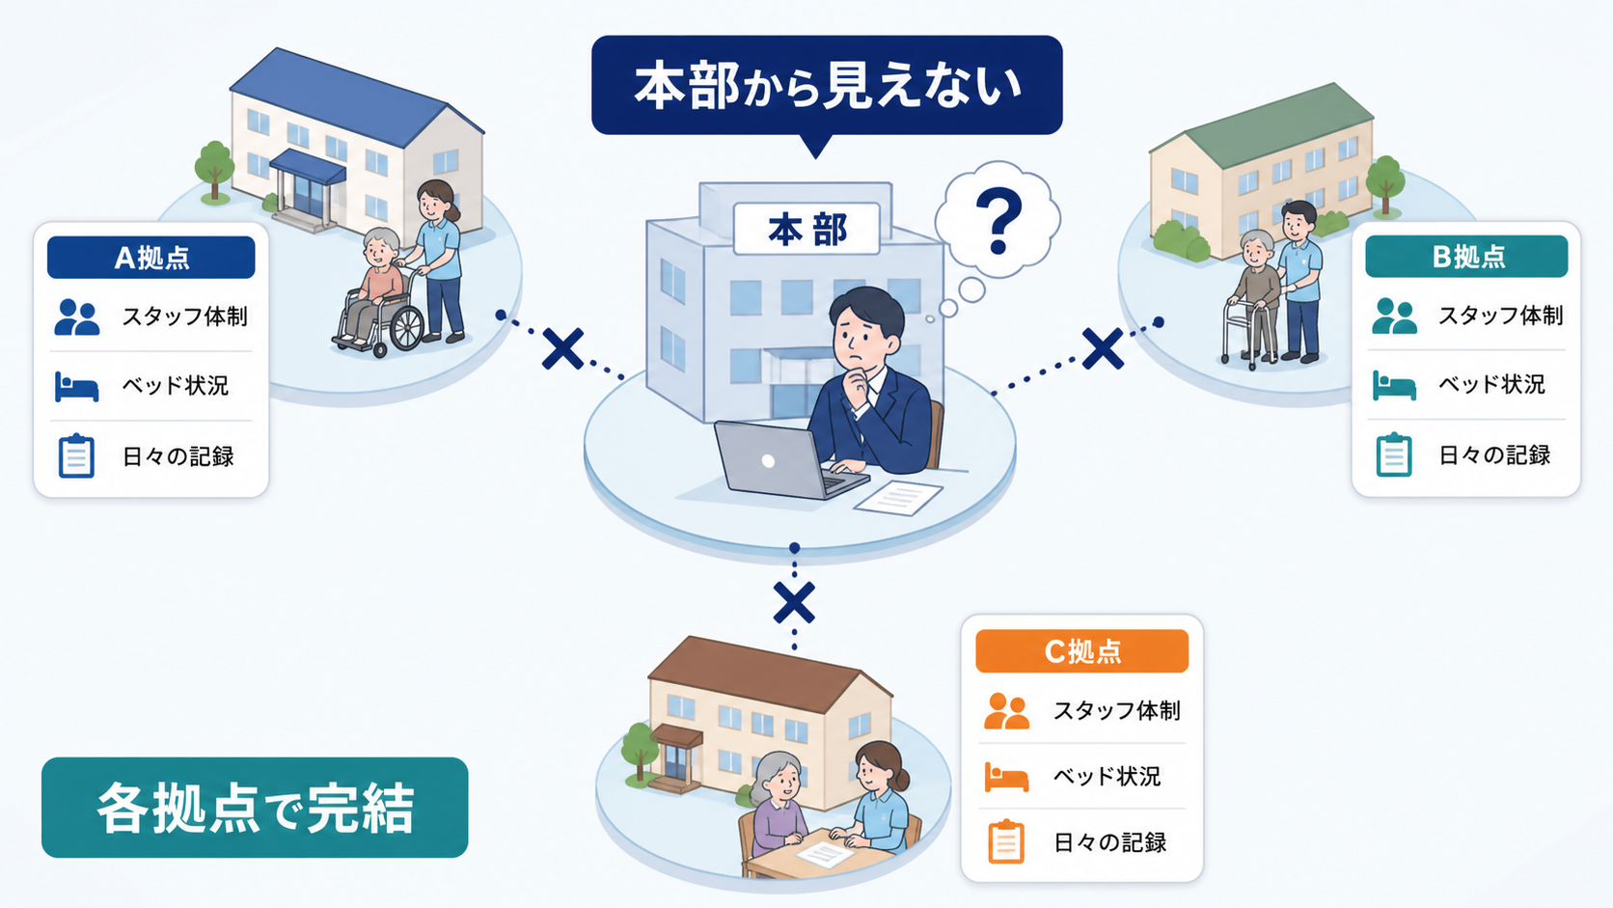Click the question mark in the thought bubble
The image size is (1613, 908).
click(x=998, y=221)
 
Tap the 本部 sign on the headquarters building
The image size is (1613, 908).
click(x=806, y=229)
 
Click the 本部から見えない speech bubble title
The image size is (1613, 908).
click(x=827, y=85)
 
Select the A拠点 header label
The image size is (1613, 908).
click(x=151, y=257)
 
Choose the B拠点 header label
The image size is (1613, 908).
click(x=1466, y=257)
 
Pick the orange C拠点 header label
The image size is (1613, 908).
click(x=1081, y=651)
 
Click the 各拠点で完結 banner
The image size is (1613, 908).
click(x=255, y=808)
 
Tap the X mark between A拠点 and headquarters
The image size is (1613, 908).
click(x=563, y=349)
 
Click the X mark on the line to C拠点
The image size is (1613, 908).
click(x=794, y=602)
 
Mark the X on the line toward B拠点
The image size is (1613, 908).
click(x=1103, y=348)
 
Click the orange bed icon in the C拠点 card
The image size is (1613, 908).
click(x=1006, y=777)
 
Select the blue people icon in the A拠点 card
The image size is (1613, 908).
click(x=76, y=317)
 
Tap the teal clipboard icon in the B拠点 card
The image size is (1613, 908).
click(x=1393, y=454)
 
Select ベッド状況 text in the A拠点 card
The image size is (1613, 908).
click(x=175, y=385)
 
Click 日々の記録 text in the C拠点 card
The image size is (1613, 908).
click(x=1109, y=841)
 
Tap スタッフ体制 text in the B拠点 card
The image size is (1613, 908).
click(x=1501, y=316)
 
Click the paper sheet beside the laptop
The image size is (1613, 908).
click(x=899, y=498)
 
